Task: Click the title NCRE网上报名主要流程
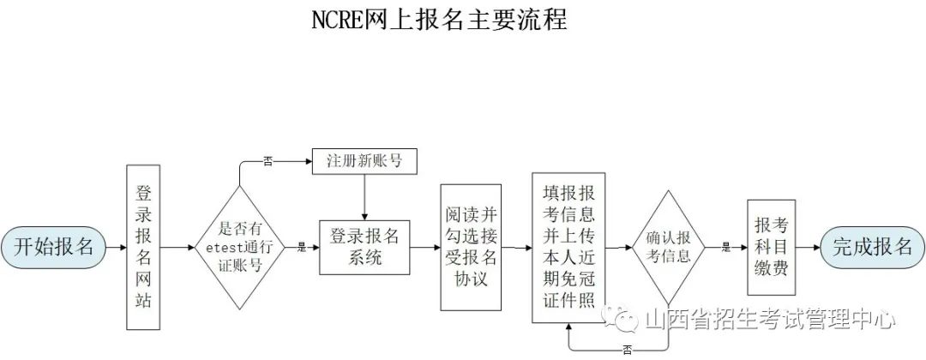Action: click(x=439, y=20)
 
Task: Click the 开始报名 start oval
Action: click(x=53, y=247)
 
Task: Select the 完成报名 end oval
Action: click(x=873, y=247)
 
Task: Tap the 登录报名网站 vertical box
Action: click(x=143, y=247)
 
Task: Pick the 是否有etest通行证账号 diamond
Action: click(x=240, y=247)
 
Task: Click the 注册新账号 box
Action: click(x=364, y=161)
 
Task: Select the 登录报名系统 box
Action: click(x=364, y=247)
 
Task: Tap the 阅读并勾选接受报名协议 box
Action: click(x=471, y=247)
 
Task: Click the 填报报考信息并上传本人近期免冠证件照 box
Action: click(x=568, y=247)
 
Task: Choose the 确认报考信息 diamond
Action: click(x=669, y=247)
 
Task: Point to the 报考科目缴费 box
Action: click(x=772, y=247)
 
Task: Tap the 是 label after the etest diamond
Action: click(x=302, y=248)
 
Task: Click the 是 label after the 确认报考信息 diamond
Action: click(x=726, y=248)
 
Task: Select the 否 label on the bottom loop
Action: click(x=627, y=351)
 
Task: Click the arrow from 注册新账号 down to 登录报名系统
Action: click(x=364, y=197)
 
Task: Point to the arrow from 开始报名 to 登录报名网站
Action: click(x=116, y=247)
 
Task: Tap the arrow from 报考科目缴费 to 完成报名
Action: click(x=808, y=247)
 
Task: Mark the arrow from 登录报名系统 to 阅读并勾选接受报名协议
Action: click(x=425, y=247)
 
